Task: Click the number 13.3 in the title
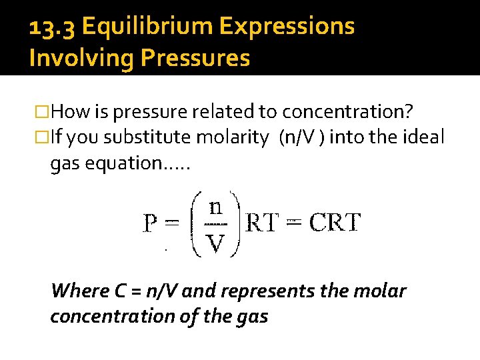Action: pos(52,27)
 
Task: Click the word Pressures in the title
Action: pos(195,59)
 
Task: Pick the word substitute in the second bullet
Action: pos(150,138)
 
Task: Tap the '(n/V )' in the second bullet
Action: pos(303,138)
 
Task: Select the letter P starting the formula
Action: pos(151,223)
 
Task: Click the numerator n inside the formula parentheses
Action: pos(215,207)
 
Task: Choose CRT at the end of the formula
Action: pos(334,223)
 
